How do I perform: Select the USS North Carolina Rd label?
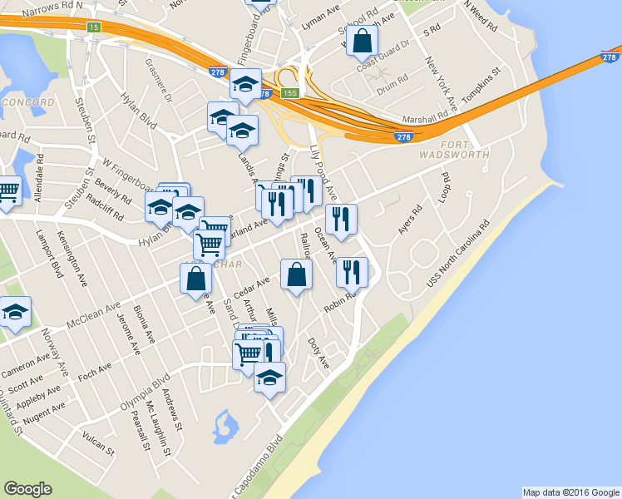[459, 254]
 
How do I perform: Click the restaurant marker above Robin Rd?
[352, 271]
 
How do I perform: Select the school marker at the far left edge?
[14, 313]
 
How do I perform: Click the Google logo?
[27, 489]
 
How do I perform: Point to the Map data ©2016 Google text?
[570, 492]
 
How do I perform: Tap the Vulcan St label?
[99, 440]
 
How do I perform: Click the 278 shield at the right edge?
[610, 57]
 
